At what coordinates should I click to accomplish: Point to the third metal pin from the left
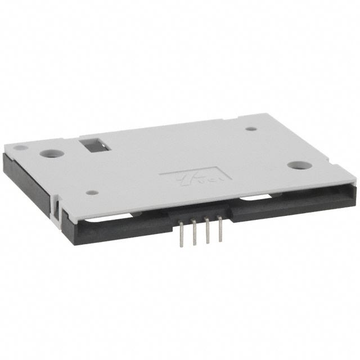pos(206,233)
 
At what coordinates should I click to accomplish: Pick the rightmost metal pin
pos(219,233)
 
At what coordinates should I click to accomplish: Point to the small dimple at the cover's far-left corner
pos(19,148)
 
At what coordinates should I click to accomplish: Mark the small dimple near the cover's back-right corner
pos(251,128)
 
